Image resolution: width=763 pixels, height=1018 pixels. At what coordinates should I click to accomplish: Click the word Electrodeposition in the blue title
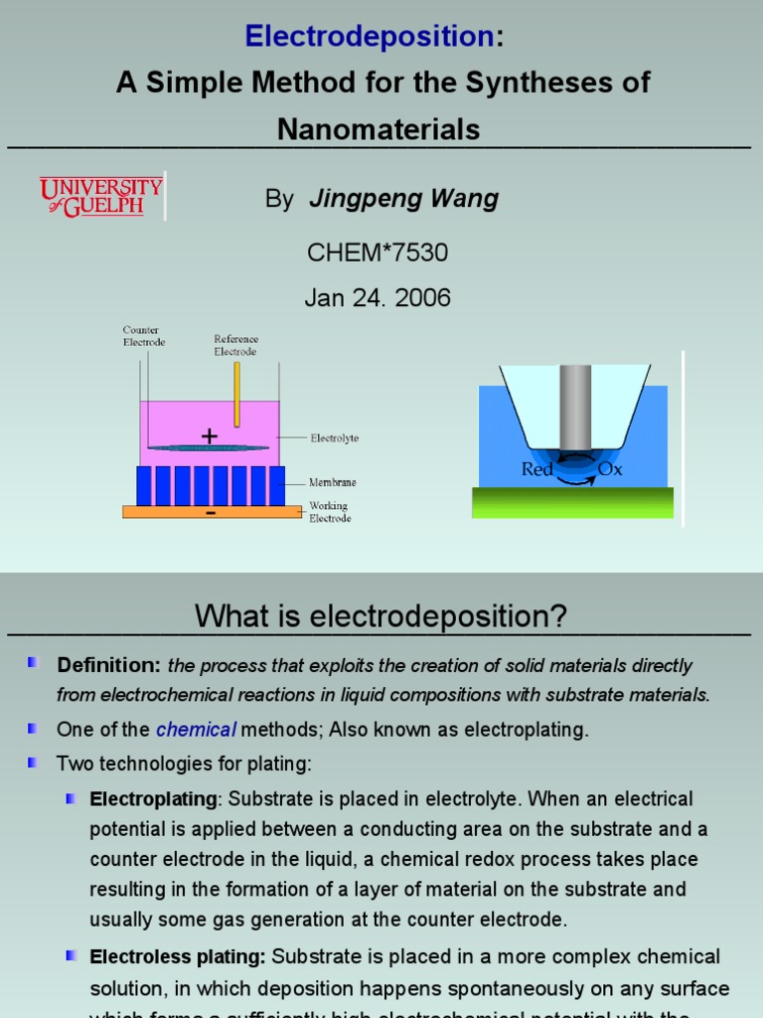(370, 37)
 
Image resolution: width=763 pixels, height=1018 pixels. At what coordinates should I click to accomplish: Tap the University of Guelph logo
(101, 196)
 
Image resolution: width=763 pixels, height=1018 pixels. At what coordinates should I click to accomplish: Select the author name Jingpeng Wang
(403, 199)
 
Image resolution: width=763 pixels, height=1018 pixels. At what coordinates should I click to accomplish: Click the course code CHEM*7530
(378, 253)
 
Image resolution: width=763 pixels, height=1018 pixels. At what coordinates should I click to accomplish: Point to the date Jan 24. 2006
(378, 297)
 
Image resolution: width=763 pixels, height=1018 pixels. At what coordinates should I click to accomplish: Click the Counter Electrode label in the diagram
(144, 336)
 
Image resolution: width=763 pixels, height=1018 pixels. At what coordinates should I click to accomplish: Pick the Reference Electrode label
(235, 345)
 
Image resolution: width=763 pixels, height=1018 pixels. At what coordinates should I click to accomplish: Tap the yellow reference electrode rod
(237, 393)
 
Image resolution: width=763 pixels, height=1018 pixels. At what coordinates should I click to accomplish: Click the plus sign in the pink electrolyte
(209, 436)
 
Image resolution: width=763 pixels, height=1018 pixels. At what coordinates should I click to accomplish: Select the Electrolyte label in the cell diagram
(334, 437)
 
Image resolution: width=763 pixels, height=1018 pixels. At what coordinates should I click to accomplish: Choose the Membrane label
(332, 482)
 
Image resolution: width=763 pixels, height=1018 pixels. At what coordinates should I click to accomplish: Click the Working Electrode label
(329, 512)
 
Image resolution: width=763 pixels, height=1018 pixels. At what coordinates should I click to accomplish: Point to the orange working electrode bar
(212, 512)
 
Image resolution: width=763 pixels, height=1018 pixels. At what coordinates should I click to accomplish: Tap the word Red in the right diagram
(536, 469)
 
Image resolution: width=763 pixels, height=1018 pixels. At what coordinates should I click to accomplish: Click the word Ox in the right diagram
(610, 469)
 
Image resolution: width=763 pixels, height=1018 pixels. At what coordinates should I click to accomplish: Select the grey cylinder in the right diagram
(575, 408)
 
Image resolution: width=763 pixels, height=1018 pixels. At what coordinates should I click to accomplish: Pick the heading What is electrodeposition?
(381, 616)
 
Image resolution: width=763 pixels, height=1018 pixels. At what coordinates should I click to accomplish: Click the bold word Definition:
(108, 665)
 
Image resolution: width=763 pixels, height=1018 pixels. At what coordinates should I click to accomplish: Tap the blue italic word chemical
(196, 730)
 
